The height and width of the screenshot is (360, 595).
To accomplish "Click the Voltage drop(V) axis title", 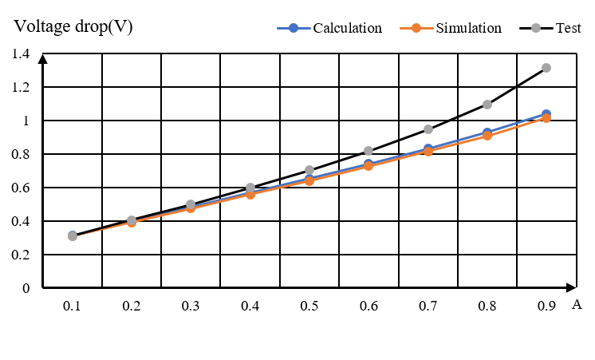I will [73, 26].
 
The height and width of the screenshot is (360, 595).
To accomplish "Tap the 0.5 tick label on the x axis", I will [309, 307].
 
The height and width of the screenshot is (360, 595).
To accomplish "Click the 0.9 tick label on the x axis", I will [546, 307].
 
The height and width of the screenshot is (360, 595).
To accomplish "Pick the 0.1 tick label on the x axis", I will [73, 307].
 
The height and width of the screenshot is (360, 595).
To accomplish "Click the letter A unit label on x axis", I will [576, 304].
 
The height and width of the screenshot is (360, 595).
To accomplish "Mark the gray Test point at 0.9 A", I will [546, 68].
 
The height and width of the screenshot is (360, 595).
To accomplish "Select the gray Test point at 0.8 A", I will [487, 105].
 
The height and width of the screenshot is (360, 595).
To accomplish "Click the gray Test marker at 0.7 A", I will [428, 129].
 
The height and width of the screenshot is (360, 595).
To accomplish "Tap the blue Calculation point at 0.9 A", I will [546, 114].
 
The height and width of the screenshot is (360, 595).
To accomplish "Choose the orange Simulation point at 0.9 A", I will [546, 119].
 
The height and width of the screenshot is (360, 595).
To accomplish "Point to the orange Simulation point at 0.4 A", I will [250, 194].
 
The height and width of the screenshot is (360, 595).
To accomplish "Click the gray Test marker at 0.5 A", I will [309, 170].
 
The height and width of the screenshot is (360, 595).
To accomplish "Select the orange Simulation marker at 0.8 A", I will [487, 136].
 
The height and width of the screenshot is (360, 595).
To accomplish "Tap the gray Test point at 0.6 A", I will [368, 151].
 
